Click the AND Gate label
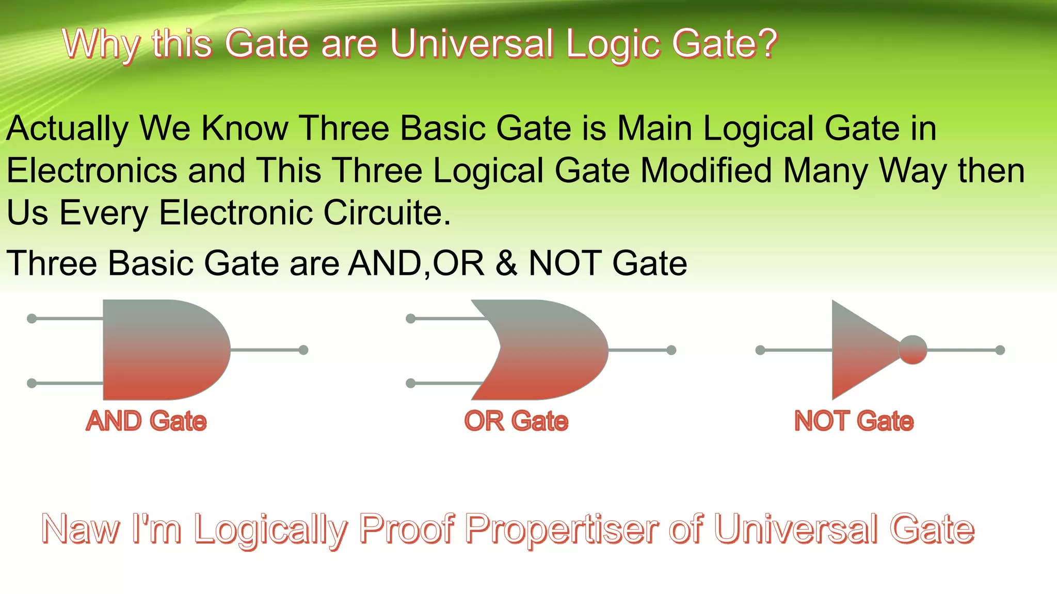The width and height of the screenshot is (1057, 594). click(146, 421)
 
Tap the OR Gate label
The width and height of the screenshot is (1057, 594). click(516, 421)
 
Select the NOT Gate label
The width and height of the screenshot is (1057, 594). click(854, 421)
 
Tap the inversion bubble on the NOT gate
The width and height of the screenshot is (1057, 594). click(912, 350)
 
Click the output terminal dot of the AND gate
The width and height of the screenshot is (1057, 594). click(303, 350)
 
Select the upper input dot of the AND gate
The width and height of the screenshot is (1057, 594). click(31, 319)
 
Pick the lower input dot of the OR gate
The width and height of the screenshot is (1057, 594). click(411, 383)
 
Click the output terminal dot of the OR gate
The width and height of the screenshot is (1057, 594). click(671, 350)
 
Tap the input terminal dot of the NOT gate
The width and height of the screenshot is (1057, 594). click(760, 350)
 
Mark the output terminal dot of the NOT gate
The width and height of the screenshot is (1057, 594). click(1000, 350)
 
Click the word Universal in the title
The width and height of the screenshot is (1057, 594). click(471, 44)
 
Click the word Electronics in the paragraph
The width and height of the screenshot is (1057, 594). click(92, 171)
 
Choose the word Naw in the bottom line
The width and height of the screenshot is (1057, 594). click(80, 530)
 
